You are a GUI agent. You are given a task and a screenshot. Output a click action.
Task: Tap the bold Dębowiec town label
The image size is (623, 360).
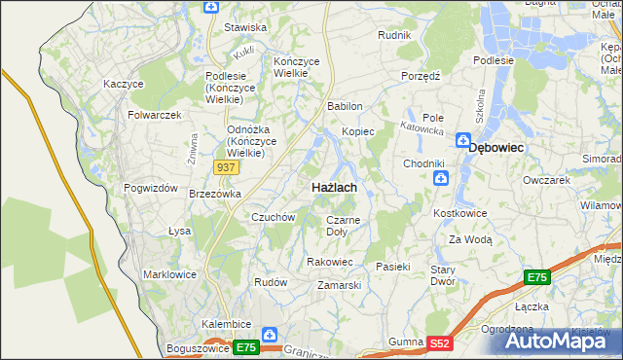pos(496,147)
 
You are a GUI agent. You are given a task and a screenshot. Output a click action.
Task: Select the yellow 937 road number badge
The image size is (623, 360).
pos(226,167)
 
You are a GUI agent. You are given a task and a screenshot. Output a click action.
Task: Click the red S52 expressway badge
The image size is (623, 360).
pos(441,342)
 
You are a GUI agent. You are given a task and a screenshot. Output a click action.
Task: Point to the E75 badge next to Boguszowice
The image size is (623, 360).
pos(245,347)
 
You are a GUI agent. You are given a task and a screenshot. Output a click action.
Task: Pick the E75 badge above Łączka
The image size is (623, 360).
pos(537,278)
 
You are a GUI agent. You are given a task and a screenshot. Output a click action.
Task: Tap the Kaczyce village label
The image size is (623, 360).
pos(124,84)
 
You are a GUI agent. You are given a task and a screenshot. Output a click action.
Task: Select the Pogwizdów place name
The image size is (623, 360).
pos(151,188)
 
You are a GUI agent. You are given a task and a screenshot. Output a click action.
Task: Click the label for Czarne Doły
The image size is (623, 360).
pos(343,226)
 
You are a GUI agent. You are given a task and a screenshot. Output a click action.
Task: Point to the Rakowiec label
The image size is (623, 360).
pos(330,261)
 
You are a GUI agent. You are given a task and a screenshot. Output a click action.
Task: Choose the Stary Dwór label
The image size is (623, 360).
pos(444,274)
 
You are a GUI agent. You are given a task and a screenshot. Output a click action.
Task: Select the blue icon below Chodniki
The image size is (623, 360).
pos(441,178)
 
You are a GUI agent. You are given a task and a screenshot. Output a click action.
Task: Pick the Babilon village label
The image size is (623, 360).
pos(346,106)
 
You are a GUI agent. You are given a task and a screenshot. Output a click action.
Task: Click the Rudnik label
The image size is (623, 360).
pos(394,35)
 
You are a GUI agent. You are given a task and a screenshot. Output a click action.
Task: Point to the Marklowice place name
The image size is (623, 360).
pos(169,274)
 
